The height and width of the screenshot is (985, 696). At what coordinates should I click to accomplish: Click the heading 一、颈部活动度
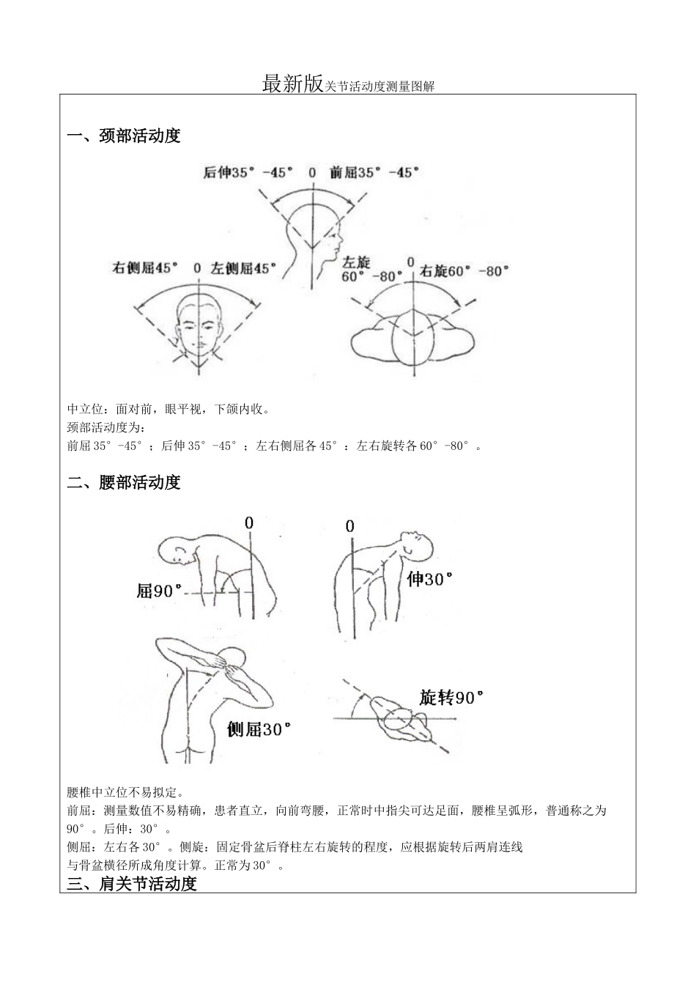point(124,136)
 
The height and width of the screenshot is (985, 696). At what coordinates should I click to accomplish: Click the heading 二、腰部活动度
point(124,483)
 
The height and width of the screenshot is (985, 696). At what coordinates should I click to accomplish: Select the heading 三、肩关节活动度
point(132,884)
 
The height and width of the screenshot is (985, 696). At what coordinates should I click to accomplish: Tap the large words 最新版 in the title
point(292,84)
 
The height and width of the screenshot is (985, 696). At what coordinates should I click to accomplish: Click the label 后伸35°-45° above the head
point(248,173)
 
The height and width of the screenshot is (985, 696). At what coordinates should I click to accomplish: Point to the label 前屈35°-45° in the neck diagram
point(374,173)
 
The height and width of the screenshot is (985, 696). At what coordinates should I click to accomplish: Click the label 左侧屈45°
point(244,268)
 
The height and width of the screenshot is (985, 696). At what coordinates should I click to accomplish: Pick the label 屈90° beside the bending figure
point(159,591)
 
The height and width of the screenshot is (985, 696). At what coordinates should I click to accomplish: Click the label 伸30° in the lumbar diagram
point(430,580)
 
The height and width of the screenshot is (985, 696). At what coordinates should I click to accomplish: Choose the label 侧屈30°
point(259,730)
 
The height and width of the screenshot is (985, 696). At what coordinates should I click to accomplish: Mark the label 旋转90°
point(452,697)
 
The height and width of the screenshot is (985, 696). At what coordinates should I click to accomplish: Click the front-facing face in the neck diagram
point(199,327)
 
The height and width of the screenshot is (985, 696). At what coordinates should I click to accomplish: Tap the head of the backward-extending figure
point(415,546)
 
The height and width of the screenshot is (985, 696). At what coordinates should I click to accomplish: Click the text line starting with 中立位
point(169,410)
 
